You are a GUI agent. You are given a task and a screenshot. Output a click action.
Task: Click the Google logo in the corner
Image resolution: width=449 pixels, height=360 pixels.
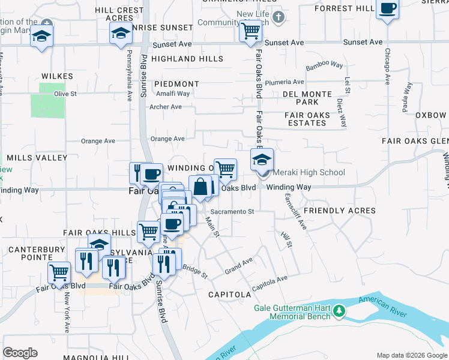[x=20, y=353]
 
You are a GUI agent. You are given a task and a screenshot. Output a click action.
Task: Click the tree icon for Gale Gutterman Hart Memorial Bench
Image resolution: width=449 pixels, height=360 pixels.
[x=340, y=310]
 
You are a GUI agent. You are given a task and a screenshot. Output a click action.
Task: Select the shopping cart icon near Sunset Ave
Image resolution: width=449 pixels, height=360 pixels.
[x=250, y=30]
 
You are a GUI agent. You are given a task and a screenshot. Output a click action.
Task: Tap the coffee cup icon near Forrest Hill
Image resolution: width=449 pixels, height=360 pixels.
[x=387, y=9]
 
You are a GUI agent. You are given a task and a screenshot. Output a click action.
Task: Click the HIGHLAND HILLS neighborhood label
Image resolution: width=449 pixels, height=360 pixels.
[x=187, y=59]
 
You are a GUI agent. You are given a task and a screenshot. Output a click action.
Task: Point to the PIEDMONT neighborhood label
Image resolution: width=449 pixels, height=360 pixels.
[x=176, y=84]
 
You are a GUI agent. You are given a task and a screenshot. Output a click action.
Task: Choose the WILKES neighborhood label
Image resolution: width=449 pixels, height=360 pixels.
[x=57, y=76]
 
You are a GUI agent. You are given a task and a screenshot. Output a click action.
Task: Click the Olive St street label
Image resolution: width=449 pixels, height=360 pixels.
[x=65, y=94]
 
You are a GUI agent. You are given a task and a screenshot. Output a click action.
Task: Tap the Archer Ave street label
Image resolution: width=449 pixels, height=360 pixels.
[x=165, y=107]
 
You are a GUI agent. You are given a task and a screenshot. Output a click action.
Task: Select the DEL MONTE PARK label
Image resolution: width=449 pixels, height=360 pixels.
[x=307, y=98]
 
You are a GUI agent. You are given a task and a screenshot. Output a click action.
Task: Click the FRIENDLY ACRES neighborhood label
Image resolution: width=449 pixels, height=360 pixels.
[x=340, y=211]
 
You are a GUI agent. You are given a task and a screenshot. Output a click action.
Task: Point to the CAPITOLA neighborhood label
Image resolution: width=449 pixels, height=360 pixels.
[x=229, y=295]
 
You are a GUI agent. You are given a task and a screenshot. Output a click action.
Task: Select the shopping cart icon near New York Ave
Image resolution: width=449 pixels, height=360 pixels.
[x=59, y=272]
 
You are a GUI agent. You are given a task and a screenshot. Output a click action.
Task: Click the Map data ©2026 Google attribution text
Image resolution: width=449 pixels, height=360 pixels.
[x=412, y=355]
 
